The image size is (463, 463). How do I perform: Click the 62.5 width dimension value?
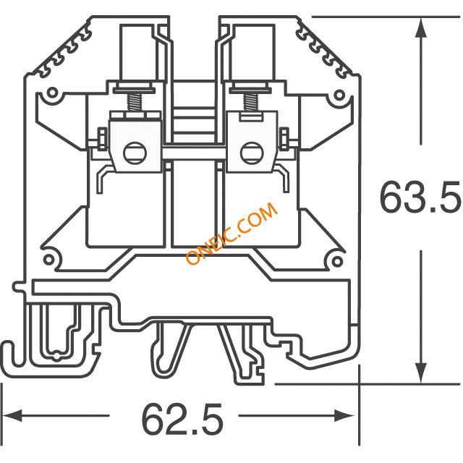point(182,418)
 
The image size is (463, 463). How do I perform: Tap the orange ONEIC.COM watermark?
point(231,233)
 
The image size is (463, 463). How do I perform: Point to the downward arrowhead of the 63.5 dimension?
point(421,373)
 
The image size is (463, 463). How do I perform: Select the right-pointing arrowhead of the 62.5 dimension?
point(344,415)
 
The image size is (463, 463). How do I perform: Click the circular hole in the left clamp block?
point(135,153)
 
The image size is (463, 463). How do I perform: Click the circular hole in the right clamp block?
point(252,153)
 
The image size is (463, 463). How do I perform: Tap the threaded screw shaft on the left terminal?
point(134,103)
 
